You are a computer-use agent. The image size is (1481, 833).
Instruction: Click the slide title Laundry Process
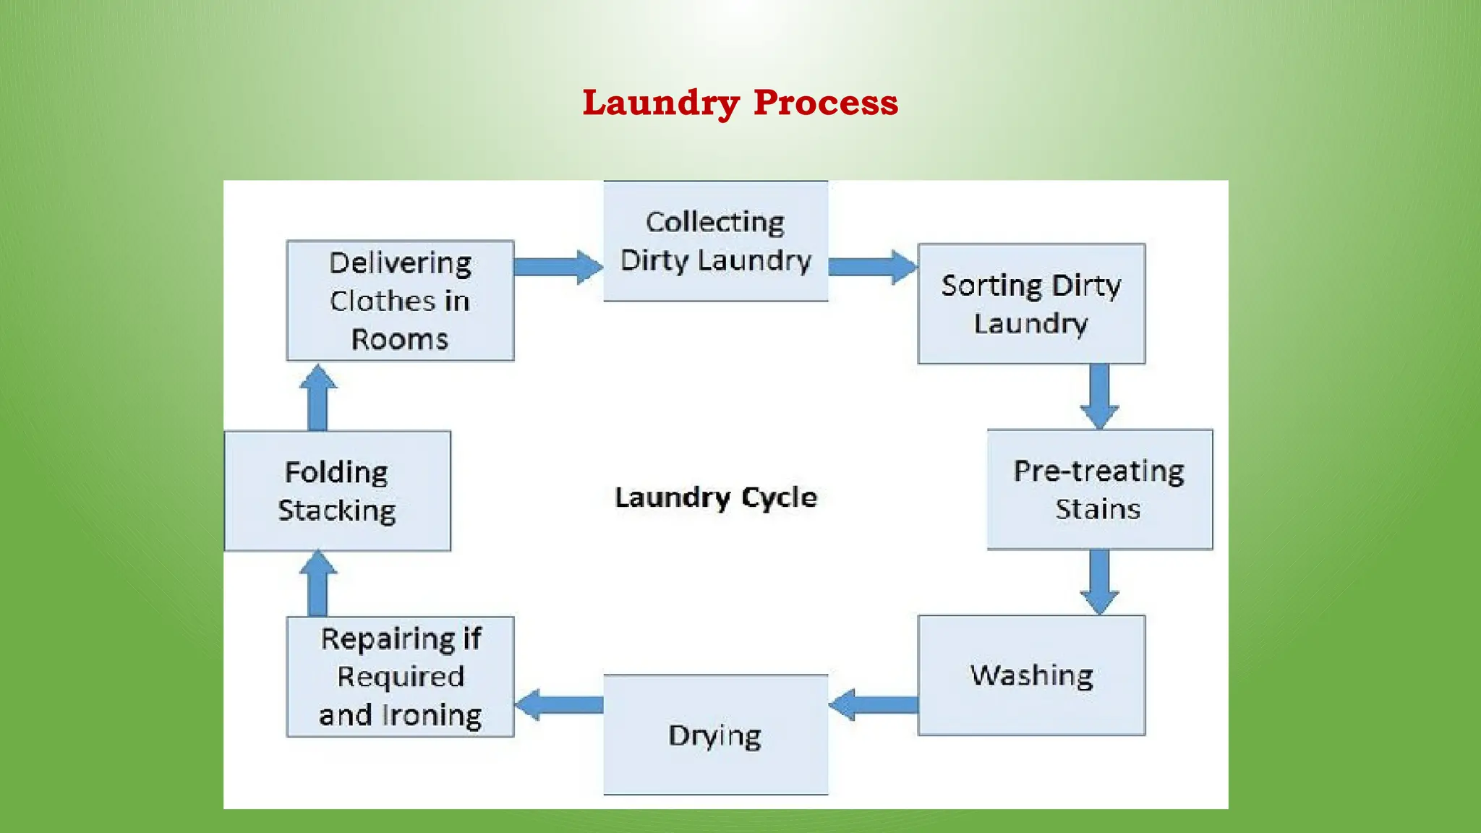coord(740,103)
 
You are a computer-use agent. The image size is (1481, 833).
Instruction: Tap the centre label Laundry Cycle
coord(715,497)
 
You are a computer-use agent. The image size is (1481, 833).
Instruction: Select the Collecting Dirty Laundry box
coord(715,241)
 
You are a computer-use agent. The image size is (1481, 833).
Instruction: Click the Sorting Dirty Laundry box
coord(1031,304)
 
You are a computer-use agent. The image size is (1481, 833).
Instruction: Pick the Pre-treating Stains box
coord(1099,490)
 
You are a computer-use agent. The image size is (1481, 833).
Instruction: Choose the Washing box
coord(1031,675)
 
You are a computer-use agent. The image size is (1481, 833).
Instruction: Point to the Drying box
coord(715,735)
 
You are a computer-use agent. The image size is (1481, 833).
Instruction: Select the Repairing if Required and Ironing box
coord(400,677)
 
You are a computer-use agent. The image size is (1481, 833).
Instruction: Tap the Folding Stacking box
coord(337,491)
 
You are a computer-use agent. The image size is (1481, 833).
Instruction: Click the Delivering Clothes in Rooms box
coord(400,301)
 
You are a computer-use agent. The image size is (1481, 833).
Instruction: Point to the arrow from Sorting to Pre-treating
coord(1099,396)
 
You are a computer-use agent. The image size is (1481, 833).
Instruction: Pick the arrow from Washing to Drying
coord(873,704)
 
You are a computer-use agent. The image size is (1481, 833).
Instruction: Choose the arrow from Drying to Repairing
coord(559,704)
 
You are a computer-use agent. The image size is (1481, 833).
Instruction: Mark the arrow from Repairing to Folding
coord(317,584)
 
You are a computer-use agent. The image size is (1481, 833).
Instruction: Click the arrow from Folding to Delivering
coord(317,398)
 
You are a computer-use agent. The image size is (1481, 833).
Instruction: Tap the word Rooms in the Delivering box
coord(400,339)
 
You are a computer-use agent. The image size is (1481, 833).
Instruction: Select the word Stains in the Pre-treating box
coord(1098,509)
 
